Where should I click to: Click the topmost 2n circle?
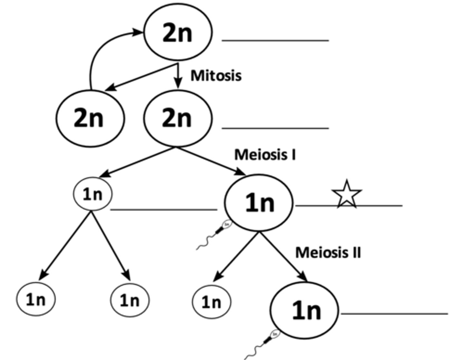click(x=178, y=32)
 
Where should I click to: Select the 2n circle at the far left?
click(x=90, y=118)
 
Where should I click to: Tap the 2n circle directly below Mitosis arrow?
click(x=178, y=118)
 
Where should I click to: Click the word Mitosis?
click(x=216, y=76)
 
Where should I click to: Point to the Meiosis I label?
click(x=265, y=155)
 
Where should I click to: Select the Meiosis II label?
click(x=328, y=252)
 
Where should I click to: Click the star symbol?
click(x=347, y=194)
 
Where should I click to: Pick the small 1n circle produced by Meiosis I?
click(x=93, y=194)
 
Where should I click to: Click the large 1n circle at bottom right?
click(x=304, y=310)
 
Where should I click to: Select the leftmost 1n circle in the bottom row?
click(x=36, y=299)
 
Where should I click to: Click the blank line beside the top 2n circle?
click(x=275, y=41)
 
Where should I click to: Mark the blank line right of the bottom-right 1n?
click(x=394, y=313)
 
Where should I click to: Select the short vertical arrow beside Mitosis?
click(x=178, y=76)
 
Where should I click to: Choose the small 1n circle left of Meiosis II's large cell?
click(x=211, y=302)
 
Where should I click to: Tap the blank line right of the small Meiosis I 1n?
click(x=164, y=210)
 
